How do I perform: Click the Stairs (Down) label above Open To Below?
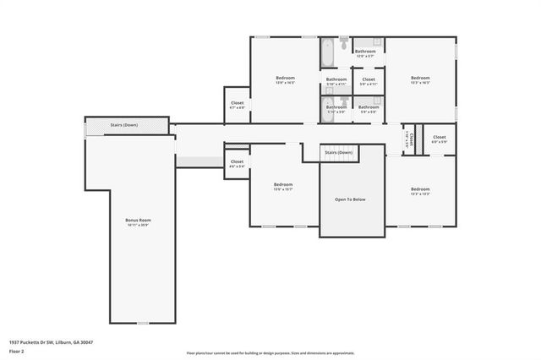coord(339,153)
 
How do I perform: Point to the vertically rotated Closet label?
coord(407,139)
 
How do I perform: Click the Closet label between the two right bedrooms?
coord(440,137)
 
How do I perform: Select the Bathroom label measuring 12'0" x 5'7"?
coord(365,52)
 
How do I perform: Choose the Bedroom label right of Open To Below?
coord(420,188)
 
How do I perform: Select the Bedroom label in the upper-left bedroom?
coord(285,78)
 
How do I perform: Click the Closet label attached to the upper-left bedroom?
coord(237,103)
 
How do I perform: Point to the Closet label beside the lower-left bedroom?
coord(237,161)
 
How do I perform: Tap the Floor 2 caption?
coord(16,350)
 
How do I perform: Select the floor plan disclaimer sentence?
coord(270,352)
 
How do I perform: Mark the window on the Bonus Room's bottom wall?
coord(143,324)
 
